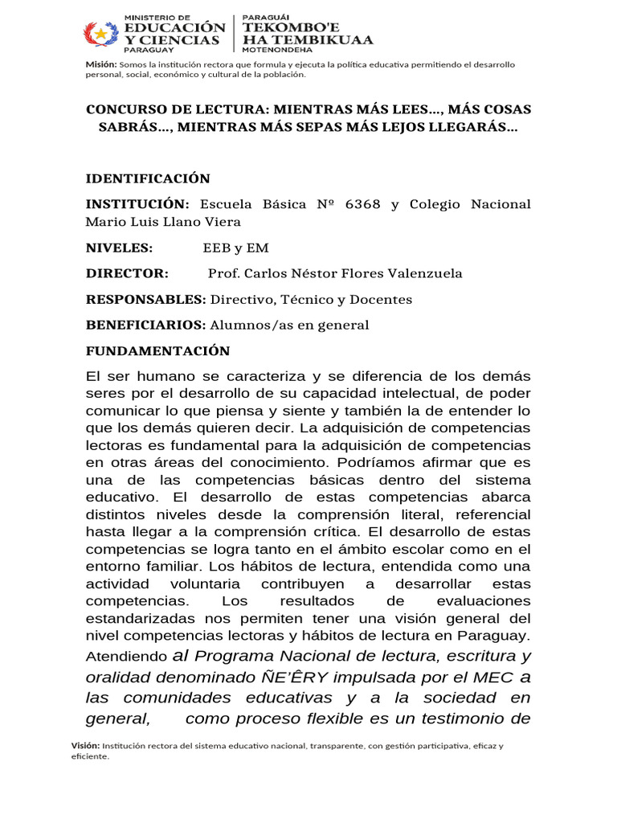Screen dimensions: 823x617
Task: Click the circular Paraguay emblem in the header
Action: pyautogui.click(x=101, y=35)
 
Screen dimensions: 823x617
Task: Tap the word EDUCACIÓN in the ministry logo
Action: pyautogui.click(x=174, y=27)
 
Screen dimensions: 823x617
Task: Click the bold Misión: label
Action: pyautogui.click(x=101, y=64)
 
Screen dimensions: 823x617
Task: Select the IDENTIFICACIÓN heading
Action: pyautogui.click(x=148, y=178)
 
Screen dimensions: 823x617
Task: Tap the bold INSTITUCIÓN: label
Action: pyautogui.click(x=138, y=204)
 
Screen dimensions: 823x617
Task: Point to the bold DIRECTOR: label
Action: pyautogui.click(x=127, y=274)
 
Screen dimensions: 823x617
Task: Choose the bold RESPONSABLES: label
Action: pyautogui.click(x=146, y=300)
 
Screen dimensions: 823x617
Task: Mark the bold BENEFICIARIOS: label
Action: pyautogui.click(x=146, y=326)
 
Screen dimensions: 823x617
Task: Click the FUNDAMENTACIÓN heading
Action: pyautogui.click(x=158, y=351)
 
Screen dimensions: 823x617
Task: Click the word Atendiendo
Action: pyautogui.click(x=127, y=656)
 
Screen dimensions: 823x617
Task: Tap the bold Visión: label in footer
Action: pyautogui.click(x=86, y=746)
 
